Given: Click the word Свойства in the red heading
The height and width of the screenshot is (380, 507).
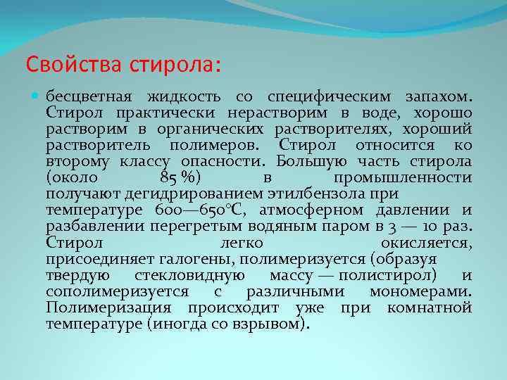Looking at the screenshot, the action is coord(74,64).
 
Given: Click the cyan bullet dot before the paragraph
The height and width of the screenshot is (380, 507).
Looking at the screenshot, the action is coord(35,96).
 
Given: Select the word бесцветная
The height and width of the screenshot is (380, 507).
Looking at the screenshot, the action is coord(89,97).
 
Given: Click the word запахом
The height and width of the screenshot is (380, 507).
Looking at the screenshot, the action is coord(439,97).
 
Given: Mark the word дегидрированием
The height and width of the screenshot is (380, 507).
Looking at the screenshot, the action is coord(194,195).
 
